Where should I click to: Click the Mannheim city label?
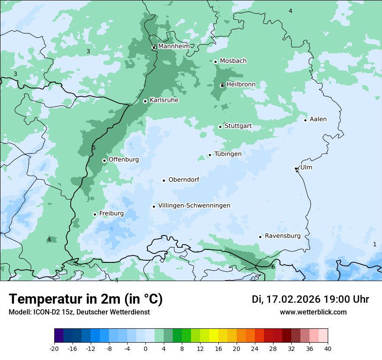pyautogui.click(x=174, y=46)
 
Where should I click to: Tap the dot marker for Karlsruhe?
pyautogui.click(x=145, y=101)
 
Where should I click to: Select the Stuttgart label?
pyautogui.click(x=238, y=126)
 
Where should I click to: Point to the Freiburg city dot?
pyautogui.click(x=95, y=214)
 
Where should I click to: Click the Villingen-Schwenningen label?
pyautogui.click(x=194, y=206)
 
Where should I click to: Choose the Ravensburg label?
pyautogui.click(x=283, y=236)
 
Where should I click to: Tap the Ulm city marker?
pyautogui.click(x=296, y=168)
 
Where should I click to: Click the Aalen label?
pyautogui.click(x=318, y=119)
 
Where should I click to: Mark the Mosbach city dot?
pyautogui.click(x=215, y=62)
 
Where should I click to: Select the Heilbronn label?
pyautogui.click(x=241, y=84)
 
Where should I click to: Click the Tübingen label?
pyautogui.click(x=228, y=154)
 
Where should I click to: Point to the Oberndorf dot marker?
pyautogui.click(x=164, y=180)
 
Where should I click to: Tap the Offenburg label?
pyautogui.click(x=124, y=160)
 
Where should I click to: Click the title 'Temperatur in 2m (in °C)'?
pyautogui.click(x=86, y=299)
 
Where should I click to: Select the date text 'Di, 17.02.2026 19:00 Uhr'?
pyautogui.click(x=310, y=299)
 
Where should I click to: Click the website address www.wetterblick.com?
pyautogui.click(x=313, y=312)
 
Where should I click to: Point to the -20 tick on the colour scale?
pyautogui.click(x=54, y=348)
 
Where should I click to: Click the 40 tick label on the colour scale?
pyautogui.click(x=328, y=348)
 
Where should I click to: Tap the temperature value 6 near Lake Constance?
pyautogui.click(x=273, y=267)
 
